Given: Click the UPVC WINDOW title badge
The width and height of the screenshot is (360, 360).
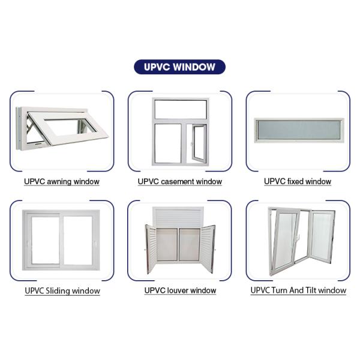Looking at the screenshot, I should coord(179,67).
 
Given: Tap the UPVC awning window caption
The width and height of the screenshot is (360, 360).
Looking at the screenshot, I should coord(62,181).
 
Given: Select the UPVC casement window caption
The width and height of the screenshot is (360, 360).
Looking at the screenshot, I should coord(179,181).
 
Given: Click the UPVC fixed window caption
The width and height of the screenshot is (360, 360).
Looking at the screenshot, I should coord(298,181).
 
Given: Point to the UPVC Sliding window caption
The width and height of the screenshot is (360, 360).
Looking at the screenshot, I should coord(62,291).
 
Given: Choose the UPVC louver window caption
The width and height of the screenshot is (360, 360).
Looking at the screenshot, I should coord(180,290).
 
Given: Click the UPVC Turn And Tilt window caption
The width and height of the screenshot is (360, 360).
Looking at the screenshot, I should coord(298,290).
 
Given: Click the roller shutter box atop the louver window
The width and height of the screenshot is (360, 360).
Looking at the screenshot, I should coord(179,217).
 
